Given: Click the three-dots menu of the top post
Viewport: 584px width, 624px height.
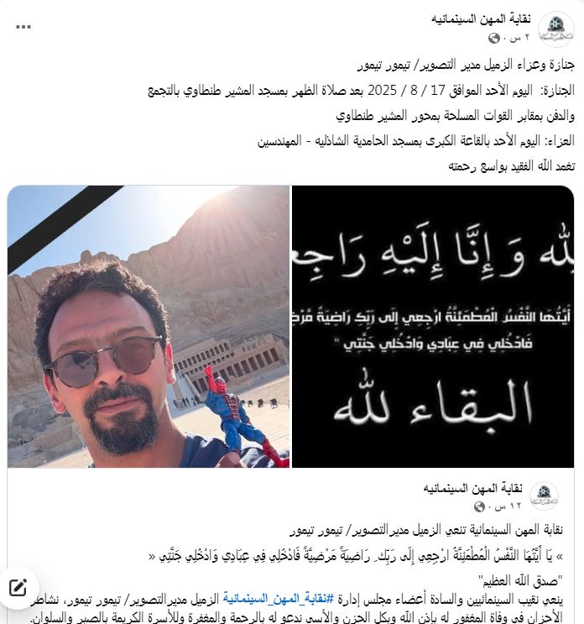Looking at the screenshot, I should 24,27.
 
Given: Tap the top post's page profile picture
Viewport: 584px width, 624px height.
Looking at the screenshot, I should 555,27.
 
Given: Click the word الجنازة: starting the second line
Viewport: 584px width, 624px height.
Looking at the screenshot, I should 555,91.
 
